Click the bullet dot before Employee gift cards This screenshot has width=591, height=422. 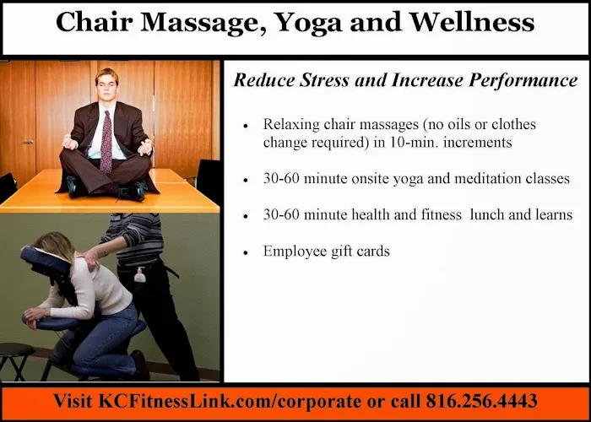coord(245,252)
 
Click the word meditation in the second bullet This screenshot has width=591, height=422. coord(482,179)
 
